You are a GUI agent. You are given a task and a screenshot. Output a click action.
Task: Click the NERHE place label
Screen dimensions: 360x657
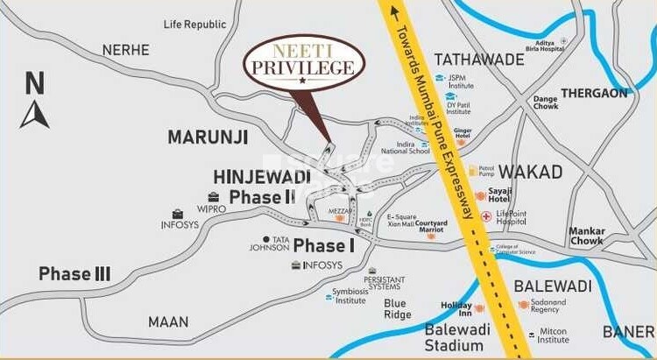click(x=125, y=50)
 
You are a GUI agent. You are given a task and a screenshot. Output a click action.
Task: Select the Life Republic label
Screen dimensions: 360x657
click(x=195, y=24)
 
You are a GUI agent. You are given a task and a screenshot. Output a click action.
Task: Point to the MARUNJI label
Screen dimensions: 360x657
click(x=208, y=137)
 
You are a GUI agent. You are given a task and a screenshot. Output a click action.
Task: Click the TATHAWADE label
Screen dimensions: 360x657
click(x=479, y=60)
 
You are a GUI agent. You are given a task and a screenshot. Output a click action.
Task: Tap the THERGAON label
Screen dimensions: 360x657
click(x=594, y=93)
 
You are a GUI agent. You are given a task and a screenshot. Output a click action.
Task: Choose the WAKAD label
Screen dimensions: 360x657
click(x=530, y=171)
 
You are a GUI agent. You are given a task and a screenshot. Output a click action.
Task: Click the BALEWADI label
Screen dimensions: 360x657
click(x=553, y=286)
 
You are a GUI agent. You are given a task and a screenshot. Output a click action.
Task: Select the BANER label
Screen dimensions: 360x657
click(x=627, y=331)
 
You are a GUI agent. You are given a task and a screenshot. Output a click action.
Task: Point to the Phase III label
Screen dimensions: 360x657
click(x=74, y=274)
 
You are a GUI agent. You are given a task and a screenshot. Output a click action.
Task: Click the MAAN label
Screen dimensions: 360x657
click(x=167, y=321)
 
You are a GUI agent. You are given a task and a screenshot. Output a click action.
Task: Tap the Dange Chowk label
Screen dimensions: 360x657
click(x=546, y=102)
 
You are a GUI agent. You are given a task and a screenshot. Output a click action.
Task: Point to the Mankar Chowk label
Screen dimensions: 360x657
click(x=586, y=236)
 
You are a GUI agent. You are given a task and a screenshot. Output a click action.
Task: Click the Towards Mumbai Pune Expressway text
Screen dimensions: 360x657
click(x=434, y=113)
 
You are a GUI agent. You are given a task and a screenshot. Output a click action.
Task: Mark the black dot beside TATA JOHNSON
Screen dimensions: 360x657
click(x=265, y=238)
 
